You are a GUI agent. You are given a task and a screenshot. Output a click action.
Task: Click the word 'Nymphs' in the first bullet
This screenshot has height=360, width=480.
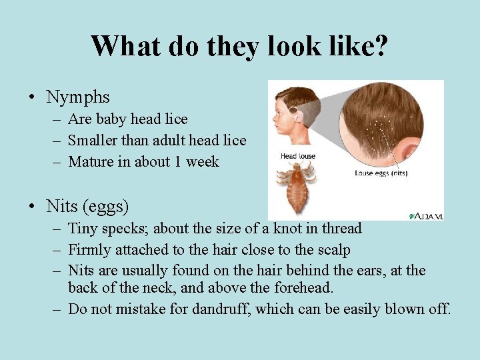(x=77, y=97)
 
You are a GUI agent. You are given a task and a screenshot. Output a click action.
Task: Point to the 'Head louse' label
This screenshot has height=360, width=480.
(x=297, y=157)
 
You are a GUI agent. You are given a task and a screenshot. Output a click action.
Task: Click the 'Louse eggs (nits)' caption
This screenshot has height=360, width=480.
(x=381, y=173)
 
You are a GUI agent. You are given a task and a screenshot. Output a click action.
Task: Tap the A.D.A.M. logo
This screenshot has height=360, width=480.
(x=427, y=215)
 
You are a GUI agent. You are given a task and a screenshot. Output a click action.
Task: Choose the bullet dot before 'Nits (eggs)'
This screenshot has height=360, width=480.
(x=32, y=207)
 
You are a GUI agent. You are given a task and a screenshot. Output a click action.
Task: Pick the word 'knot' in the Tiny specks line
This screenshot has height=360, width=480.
(x=287, y=229)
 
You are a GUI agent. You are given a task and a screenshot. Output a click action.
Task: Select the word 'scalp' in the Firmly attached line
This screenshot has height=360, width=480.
(x=333, y=250)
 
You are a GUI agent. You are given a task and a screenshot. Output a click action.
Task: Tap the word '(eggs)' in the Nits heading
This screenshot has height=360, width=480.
(x=105, y=207)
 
